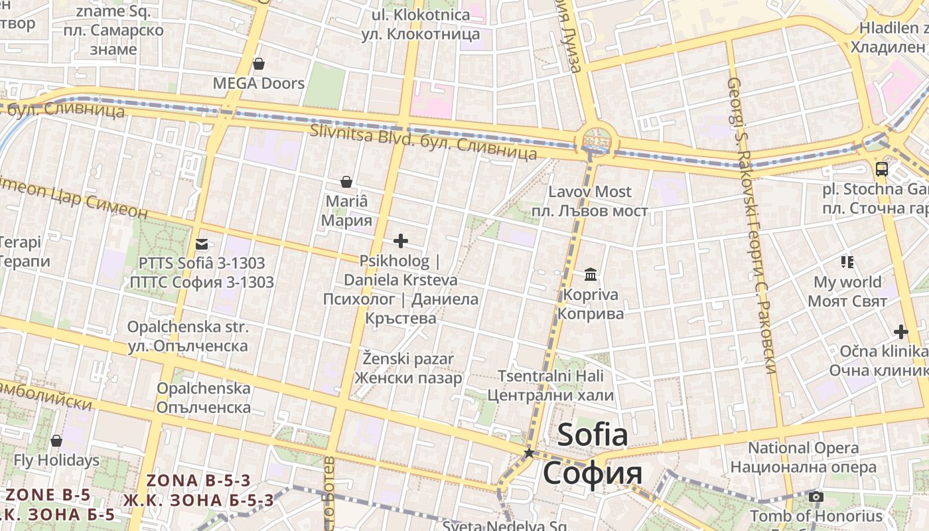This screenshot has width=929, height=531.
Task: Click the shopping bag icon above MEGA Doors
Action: point(259,64)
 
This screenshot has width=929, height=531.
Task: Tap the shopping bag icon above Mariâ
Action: point(346,182)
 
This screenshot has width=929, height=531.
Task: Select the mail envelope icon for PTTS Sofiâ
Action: point(202,244)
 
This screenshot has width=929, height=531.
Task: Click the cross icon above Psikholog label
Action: point(401,241)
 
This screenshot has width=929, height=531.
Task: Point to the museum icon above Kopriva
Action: point(591,274)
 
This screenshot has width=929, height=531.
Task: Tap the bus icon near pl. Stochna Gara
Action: point(882,169)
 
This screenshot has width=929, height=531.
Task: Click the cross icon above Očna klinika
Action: point(900,332)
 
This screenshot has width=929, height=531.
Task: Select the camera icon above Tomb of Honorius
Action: point(816,496)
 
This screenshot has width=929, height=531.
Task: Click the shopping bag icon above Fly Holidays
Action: point(56,441)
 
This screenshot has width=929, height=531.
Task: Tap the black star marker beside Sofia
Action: point(529,453)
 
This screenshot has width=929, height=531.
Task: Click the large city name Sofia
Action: point(593,435)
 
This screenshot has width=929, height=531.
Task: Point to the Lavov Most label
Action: point(590,192)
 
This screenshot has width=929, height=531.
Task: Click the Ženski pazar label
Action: point(408,359)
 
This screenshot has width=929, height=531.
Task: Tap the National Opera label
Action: point(803,448)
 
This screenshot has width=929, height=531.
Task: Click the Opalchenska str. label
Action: point(188,327)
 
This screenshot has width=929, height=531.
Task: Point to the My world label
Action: point(847,282)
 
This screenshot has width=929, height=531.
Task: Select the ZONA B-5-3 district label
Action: point(198,481)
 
